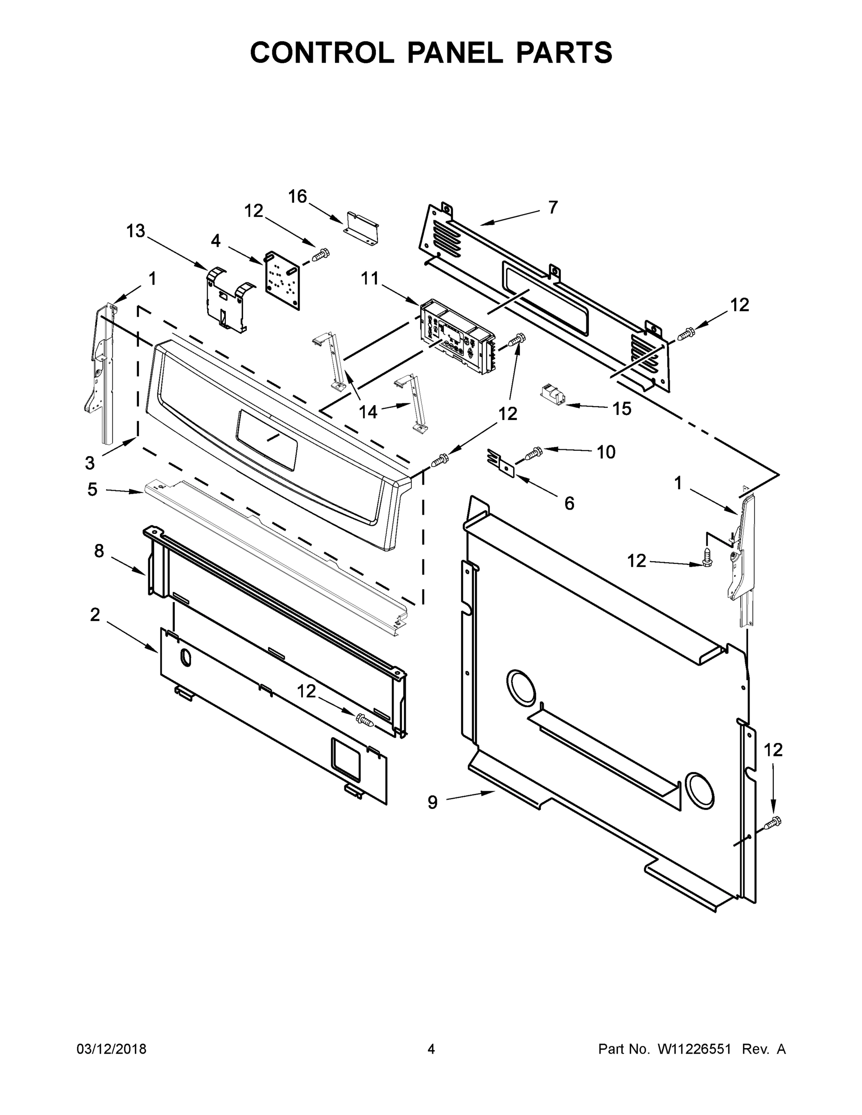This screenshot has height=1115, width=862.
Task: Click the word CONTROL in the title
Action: [x=322, y=52]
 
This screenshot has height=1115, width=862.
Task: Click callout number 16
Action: [x=297, y=196]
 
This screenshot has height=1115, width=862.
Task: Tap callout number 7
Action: [x=553, y=207]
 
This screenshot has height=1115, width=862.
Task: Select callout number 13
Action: [x=136, y=231]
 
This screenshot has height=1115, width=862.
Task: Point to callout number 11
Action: [x=370, y=278]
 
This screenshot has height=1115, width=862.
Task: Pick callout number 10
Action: [x=606, y=452]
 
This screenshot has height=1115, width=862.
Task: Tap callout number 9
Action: [x=433, y=802]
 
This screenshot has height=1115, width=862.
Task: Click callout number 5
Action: [x=92, y=489]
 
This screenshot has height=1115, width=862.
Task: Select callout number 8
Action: [x=99, y=551]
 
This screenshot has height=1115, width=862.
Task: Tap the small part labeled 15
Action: [x=552, y=394]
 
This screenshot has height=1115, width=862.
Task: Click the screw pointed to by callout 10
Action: [x=533, y=453]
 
